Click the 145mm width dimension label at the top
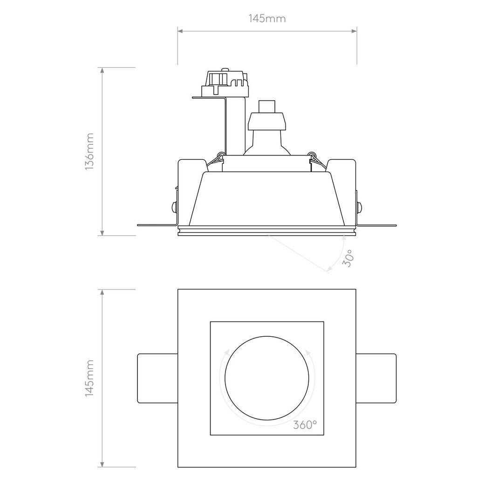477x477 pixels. click(267, 19)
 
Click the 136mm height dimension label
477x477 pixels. click(89, 151)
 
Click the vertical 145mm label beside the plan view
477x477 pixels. click(89, 378)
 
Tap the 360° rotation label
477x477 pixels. click(305, 424)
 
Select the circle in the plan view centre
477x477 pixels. click(267, 378)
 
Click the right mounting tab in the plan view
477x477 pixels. click(376, 378)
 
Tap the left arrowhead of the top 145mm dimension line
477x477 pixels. click(180, 31)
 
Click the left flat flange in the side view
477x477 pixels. click(156, 225)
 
